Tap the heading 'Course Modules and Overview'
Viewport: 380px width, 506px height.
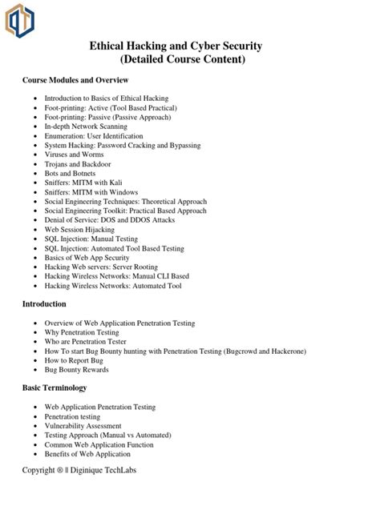point(75,81)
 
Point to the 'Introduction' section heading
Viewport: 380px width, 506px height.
point(44,304)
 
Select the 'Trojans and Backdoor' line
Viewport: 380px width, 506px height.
point(79,164)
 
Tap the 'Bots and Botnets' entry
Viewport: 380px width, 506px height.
point(71,174)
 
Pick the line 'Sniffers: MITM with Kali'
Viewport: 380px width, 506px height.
point(84,183)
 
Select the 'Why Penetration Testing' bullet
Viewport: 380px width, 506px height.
point(82,332)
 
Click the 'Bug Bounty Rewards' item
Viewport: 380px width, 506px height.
point(77,370)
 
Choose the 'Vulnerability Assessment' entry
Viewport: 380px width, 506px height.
point(83,426)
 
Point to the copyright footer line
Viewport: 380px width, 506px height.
point(79,470)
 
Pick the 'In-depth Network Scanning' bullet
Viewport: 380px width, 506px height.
point(86,127)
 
